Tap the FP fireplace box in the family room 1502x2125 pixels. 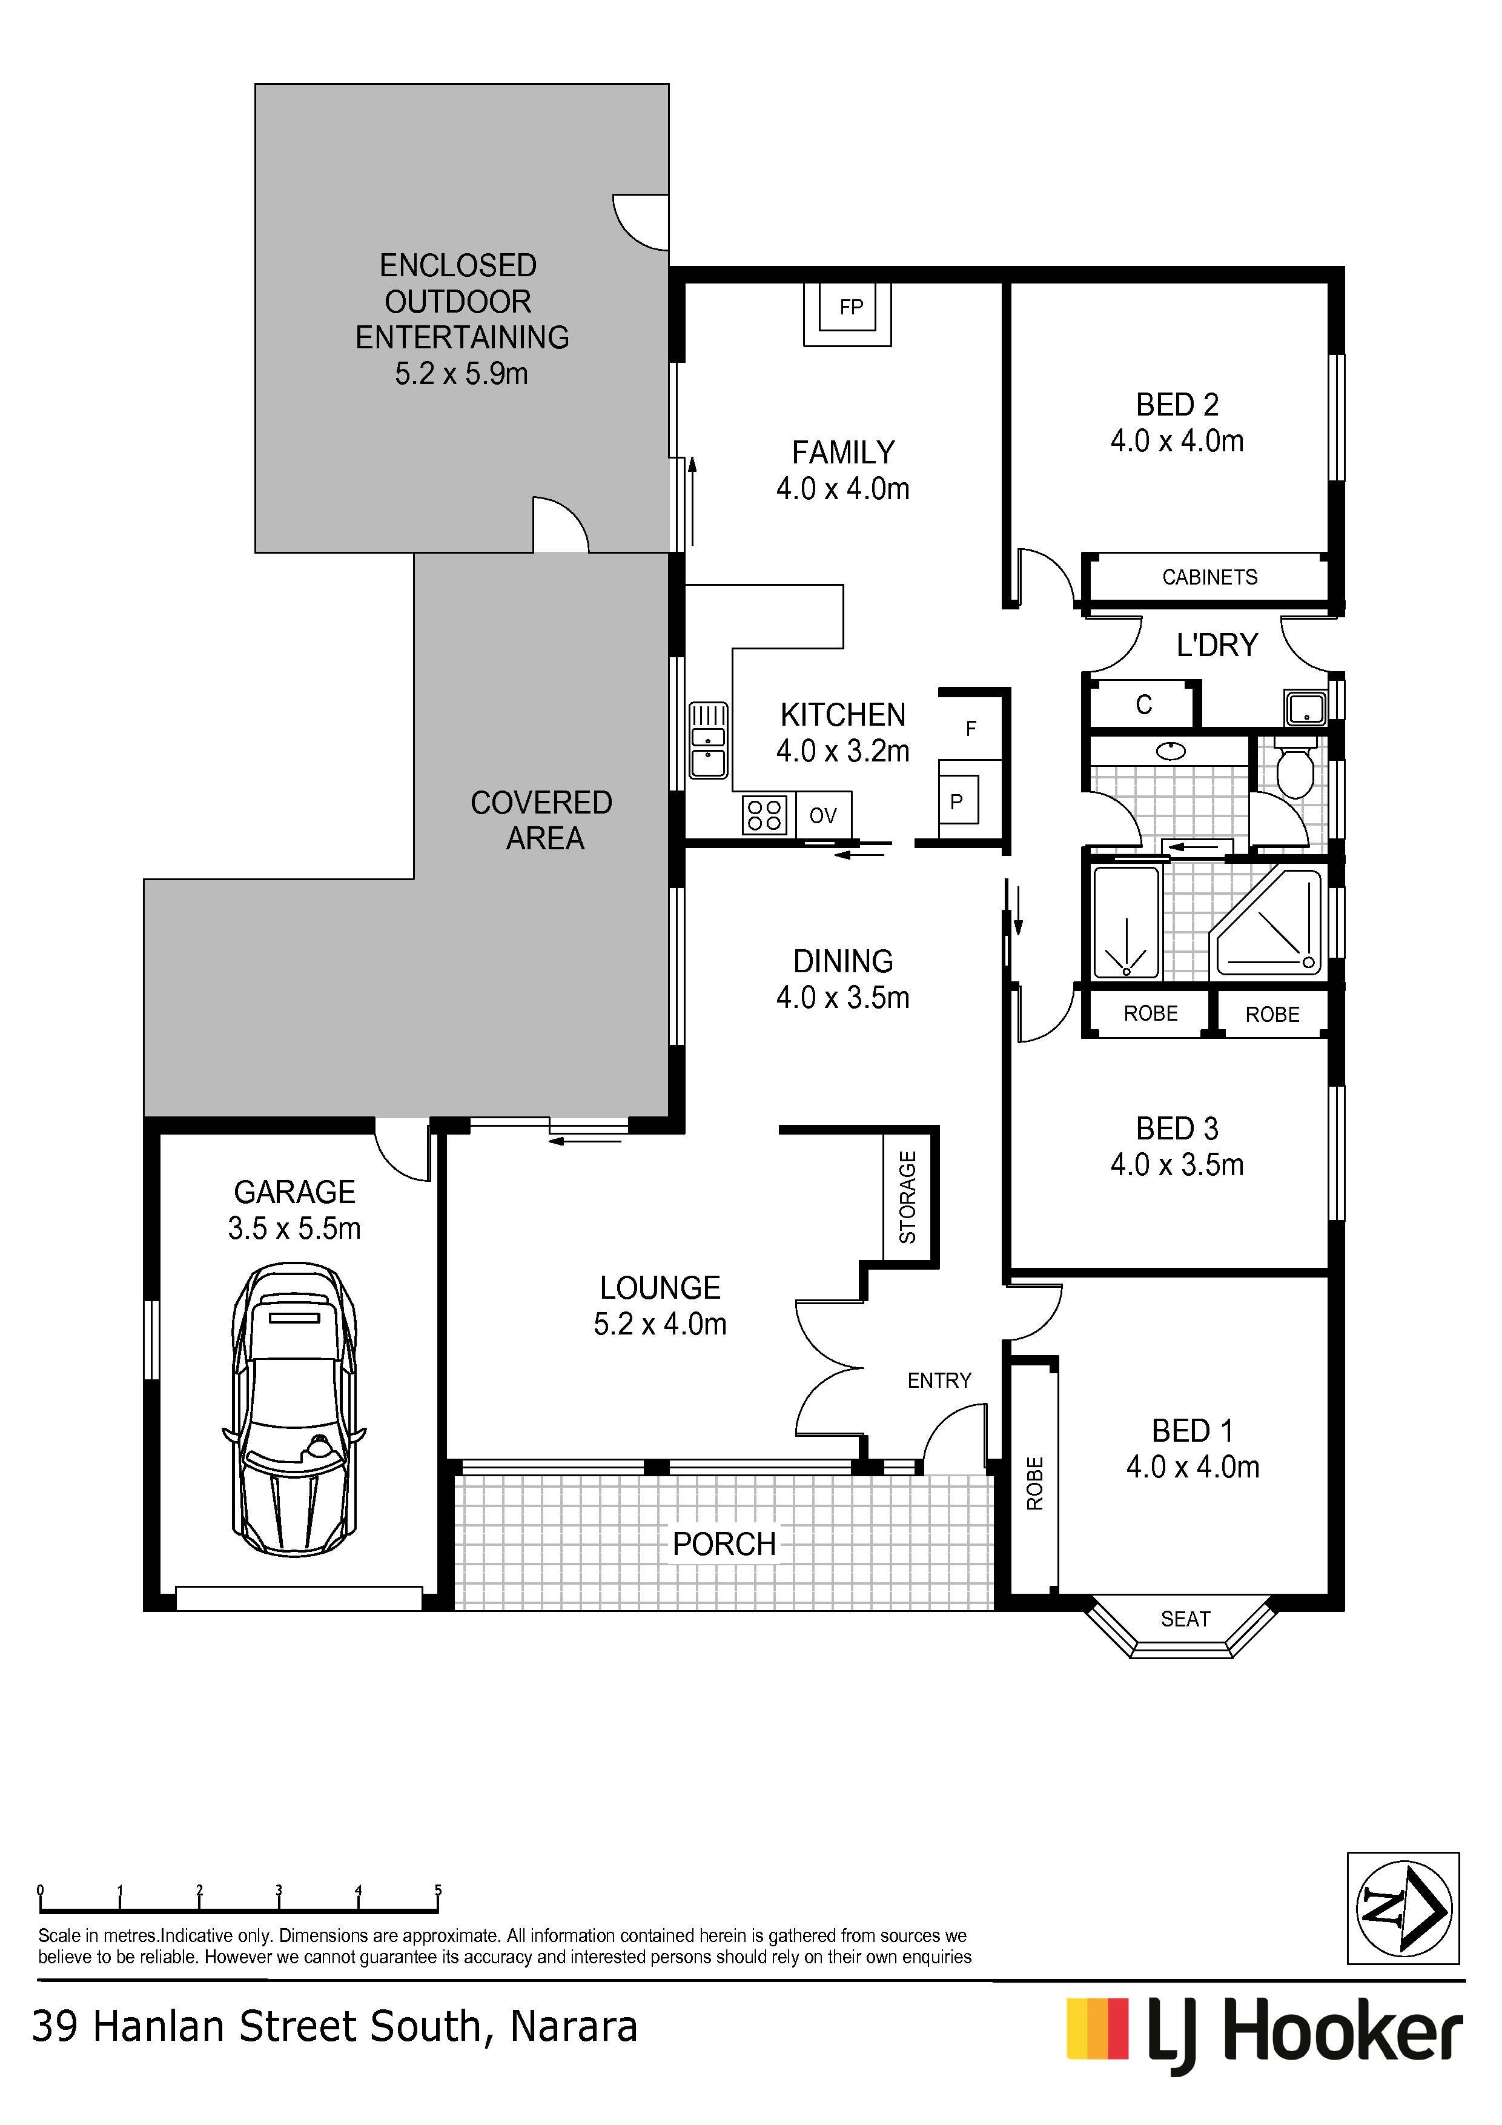click(848, 314)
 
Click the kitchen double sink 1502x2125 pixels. click(708, 740)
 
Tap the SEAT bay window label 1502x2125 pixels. click(1185, 1619)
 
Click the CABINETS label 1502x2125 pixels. click(1209, 577)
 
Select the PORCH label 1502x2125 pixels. click(724, 1543)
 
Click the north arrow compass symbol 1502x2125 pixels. click(1403, 1908)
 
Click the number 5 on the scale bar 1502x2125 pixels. click(438, 1891)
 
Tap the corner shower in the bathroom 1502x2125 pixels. click(1268, 922)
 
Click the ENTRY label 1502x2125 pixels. click(939, 1381)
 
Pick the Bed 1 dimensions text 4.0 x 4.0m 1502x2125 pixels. click(1193, 1467)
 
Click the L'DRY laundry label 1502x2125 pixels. click(1217, 645)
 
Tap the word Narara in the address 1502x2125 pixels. click(574, 2027)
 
